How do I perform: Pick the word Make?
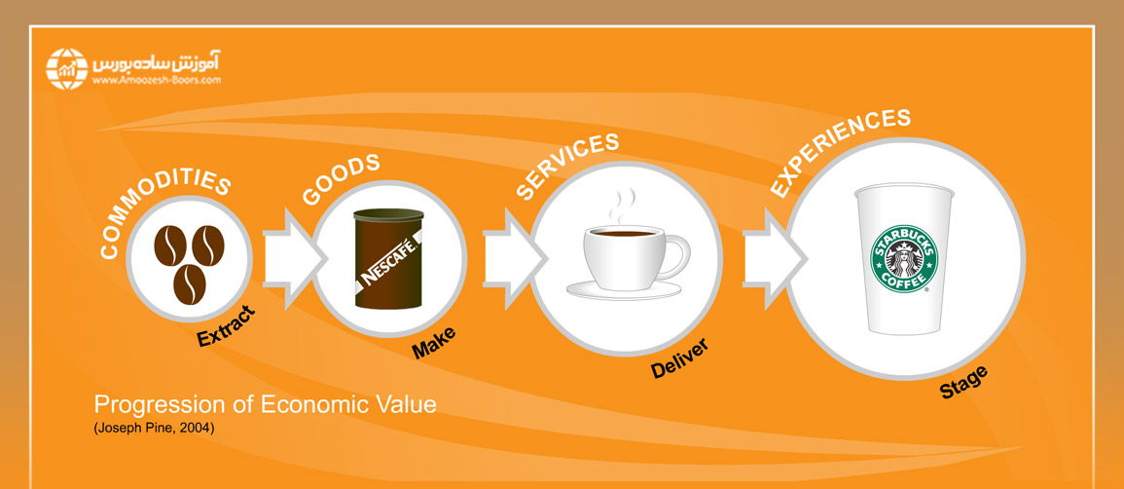(x=433, y=342)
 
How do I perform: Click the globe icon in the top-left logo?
(x=67, y=68)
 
